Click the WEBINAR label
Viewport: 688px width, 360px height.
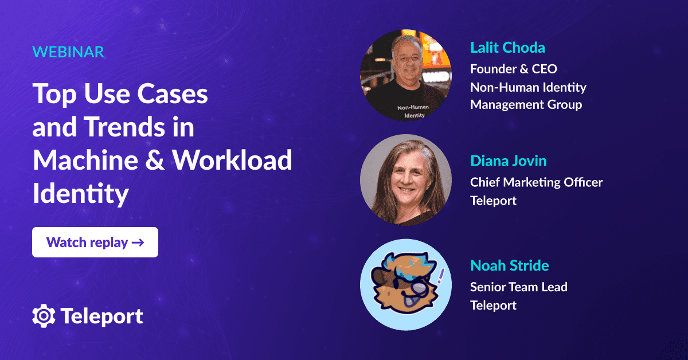click(x=68, y=52)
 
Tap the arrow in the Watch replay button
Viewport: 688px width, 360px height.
click(x=138, y=242)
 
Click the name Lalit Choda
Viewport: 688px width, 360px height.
click(x=507, y=47)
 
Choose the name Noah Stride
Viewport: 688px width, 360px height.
click(x=510, y=266)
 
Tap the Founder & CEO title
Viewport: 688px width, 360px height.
click(x=514, y=69)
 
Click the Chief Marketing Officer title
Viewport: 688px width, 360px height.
click(x=536, y=182)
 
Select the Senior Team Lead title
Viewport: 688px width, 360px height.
click(x=519, y=287)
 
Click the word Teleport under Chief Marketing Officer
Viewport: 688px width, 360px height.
click(x=493, y=201)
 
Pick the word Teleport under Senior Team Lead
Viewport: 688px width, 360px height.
click(x=493, y=305)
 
